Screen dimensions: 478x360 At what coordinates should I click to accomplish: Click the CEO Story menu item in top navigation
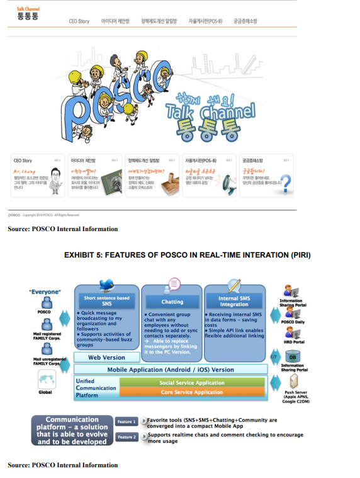pos(79,21)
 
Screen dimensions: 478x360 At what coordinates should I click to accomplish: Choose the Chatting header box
pos(171,301)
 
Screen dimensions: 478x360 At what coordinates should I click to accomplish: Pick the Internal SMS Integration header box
pos(234,301)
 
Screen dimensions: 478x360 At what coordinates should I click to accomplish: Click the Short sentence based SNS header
pos(106,301)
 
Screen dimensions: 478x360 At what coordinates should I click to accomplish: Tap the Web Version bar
pos(106,357)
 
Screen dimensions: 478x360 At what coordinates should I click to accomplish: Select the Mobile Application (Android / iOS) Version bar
pos(170,370)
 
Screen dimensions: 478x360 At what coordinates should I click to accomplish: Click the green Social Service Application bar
pos(191,382)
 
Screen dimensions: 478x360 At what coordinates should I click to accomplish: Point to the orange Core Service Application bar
pos(191,392)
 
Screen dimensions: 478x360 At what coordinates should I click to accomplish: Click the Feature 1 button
pos(127,421)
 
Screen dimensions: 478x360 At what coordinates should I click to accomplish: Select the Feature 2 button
pos(127,436)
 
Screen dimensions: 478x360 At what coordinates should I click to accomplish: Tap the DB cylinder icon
pos(292,356)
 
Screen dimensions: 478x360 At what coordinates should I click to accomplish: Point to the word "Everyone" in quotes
pos(45,292)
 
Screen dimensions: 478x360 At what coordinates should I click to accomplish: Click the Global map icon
pos(45,380)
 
